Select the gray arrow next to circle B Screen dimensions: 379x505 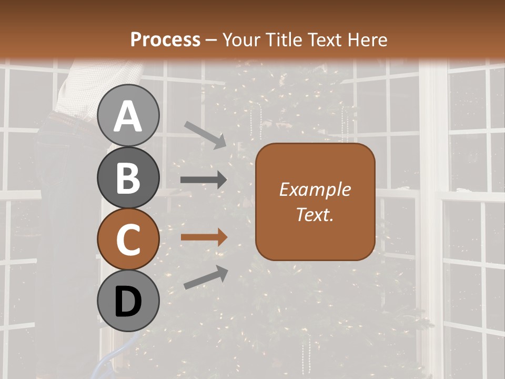tap(204, 180)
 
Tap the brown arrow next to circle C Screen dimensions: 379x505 tap(204, 237)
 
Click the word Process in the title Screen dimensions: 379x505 tap(165, 40)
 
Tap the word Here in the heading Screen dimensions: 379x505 tap(367, 40)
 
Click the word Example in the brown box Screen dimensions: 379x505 tap(315, 189)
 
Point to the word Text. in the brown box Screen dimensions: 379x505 tap(315, 214)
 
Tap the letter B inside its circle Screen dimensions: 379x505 tap(128, 178)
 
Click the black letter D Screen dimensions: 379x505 tap(128, 303)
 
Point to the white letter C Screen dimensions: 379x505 tap(128, 240)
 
